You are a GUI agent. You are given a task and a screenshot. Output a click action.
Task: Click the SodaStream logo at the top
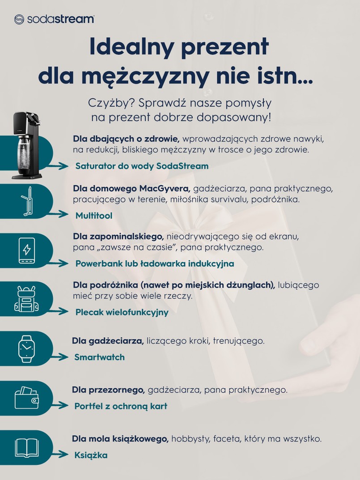(54, 19)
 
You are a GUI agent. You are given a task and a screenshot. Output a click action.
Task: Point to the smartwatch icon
(26, 348)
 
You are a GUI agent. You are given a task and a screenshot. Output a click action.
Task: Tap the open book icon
(26, 447)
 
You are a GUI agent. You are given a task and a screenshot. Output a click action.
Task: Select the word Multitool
(93, 216)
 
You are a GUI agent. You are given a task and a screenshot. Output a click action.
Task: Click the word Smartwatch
(99, 357)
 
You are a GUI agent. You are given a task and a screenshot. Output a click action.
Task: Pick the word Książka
(91, 455)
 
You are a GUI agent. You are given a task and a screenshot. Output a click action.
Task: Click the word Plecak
(89, 312)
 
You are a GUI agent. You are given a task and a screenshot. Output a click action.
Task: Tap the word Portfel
(89, 406)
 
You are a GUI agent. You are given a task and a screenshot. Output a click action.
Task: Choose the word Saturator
(96, 166)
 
